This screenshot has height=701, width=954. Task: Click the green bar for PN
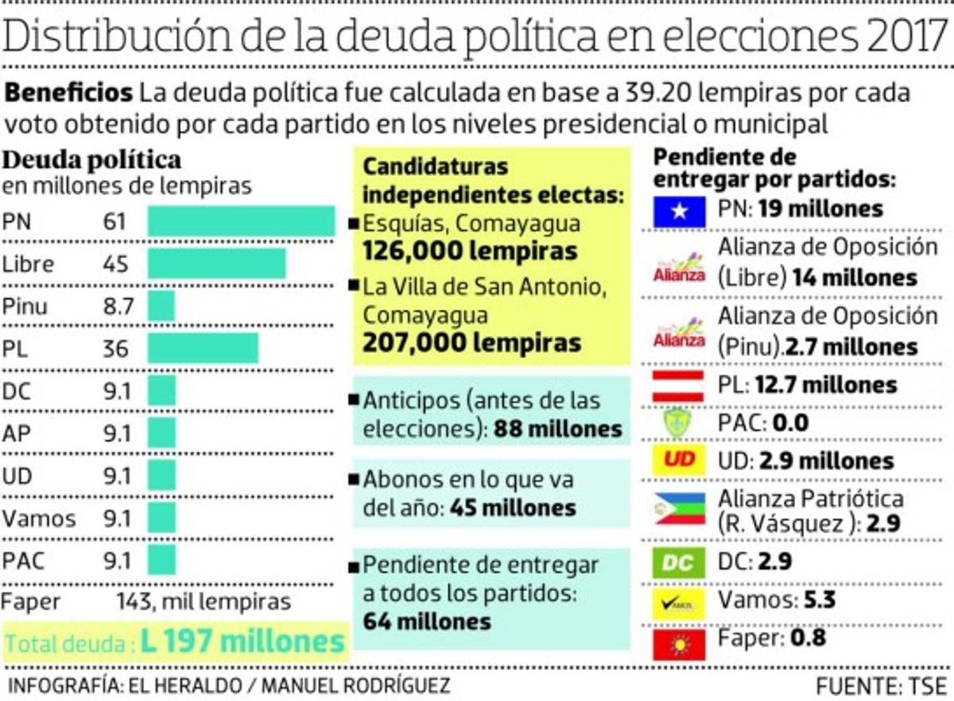pos(241,221)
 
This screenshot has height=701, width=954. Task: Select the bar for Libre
pos(216,263)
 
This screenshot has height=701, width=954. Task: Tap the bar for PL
pos(203,349)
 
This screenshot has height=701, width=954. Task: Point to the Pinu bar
pos(161,306)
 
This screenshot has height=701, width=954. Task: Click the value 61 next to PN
pos(114,221)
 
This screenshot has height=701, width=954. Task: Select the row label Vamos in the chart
pos(39,519)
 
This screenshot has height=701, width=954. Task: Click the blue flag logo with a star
pos(678,210)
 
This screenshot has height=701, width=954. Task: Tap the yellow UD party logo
pos(678,461)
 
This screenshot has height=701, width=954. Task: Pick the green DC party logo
pos(678,563)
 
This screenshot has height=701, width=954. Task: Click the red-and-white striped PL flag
pos(678,386)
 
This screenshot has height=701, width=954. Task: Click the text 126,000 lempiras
pos(470,251)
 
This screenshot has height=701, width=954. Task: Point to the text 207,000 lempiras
pos(471,343)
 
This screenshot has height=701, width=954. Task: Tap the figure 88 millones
pos(557,429)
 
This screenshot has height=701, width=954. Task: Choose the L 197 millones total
pos(243,642)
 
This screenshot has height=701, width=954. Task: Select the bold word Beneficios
pos(69,93)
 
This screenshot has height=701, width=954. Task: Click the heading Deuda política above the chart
pos(93,160)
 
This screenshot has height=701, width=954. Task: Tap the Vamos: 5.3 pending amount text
pos(777,599)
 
